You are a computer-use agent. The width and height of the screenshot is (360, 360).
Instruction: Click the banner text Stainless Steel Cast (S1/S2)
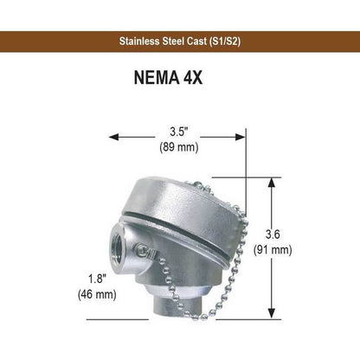180,42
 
